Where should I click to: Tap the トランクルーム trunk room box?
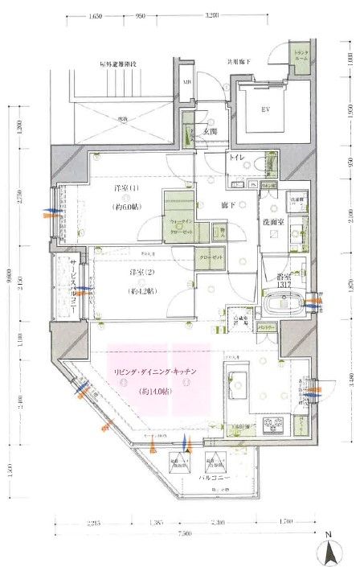300,58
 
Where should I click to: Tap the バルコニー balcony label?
212,477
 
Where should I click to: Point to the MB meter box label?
186,83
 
